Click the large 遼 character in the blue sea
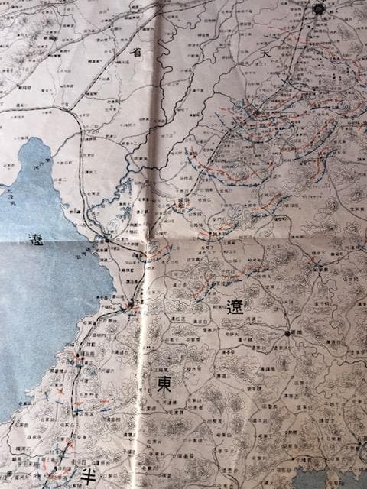point(34,238)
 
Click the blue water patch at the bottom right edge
point(336,481)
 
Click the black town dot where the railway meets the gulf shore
point(106,239)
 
